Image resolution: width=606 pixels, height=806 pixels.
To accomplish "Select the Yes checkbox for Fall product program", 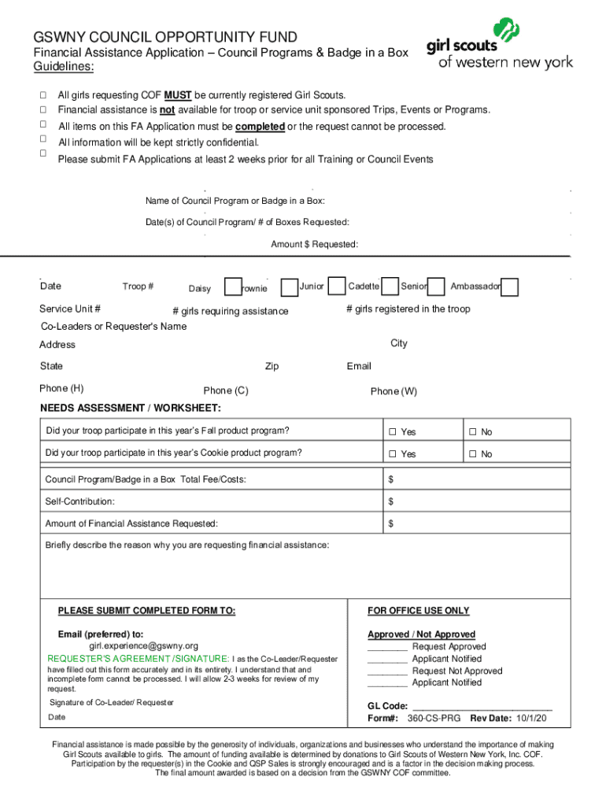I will [x=390, y=432].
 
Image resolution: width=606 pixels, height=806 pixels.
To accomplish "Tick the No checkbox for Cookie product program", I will [x=473, y=454].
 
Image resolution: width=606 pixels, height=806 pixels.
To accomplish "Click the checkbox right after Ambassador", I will [x=510, y=287].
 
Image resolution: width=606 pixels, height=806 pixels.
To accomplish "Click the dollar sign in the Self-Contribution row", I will [x=391, y=501].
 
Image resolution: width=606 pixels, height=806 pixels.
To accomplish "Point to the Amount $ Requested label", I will [x=315, y=245].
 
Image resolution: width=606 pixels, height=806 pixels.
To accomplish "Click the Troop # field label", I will [x=138, y=287].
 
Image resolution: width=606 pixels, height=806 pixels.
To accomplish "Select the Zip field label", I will [x=272, y=367].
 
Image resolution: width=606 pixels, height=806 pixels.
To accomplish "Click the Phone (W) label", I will [x=394, y=391].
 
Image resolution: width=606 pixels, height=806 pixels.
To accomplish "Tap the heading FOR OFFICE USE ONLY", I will [x=418, y=611].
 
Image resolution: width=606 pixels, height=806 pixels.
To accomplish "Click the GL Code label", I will [x=387, y=706].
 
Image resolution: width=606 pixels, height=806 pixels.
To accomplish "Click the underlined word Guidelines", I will [x=62, y=67].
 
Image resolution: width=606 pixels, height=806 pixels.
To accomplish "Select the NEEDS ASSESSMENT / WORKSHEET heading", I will [x=130, y=409].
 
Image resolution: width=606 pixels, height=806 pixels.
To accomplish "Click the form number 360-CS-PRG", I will [x=435, y=719].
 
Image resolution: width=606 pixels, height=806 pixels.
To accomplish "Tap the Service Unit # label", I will [x=69, y=309].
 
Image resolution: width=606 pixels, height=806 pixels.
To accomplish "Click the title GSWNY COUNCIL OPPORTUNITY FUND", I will [x=164, y=37].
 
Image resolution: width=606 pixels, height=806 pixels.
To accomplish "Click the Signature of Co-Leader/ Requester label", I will [x=112, y=702].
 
